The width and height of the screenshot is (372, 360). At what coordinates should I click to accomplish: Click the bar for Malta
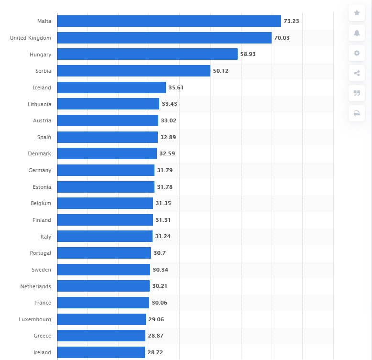(x=169, y=21)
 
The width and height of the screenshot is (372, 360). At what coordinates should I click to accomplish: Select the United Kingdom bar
(x=164, y=38)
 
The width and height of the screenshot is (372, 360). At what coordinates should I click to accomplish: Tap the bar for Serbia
(x=133, y=71)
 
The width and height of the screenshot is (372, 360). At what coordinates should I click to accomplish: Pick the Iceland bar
(x=111, y=87)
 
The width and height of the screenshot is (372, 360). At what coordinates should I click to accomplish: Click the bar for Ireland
(x=101, y=352)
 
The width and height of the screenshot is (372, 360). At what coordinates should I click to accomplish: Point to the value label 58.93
(x=248, y=55)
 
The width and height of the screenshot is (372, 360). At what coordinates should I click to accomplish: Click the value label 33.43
(x=169, y=104)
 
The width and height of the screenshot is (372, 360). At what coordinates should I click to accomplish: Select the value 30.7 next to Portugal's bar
(x=160, y=253)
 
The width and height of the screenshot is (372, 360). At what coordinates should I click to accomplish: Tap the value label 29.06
(x=156, y=319)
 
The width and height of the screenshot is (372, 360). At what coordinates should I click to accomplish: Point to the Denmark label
(x=40, y=153)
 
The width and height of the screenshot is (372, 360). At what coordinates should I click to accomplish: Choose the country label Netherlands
(x=36, y=286)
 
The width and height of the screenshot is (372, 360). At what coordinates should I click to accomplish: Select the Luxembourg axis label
(x=35, y=319)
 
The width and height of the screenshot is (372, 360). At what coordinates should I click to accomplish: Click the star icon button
(x=357, y=13)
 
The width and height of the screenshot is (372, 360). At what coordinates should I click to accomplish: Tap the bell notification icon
(x=357, y=33)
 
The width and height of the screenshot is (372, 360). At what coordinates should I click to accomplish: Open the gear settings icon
(x=357, y=53)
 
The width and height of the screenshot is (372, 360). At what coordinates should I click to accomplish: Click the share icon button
(x=357, y=73)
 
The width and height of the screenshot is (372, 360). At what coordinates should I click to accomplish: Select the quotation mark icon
(x=357, y=93)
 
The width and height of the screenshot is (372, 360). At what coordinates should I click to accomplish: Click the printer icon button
(x=357, y=113)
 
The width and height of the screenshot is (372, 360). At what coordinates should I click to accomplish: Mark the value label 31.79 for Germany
(x=164, y=170)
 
